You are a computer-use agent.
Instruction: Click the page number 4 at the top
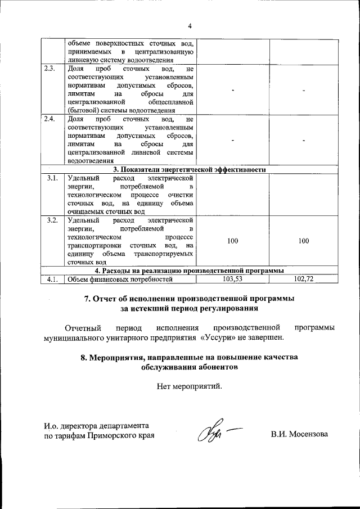pyautogui.click(x=190, y=26)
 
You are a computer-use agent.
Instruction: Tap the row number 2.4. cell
pyautogui.click(x=49, y=120)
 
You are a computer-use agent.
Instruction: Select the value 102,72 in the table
pyautogui.click(x=304, y=279)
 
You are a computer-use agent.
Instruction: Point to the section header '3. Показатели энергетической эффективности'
pyautogui.click(x=190, y=169)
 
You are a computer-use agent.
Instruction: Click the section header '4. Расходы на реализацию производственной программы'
pyautogui.click(x=190, y=271)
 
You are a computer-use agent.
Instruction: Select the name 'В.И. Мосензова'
pyautogui.click(x=299, y=435)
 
